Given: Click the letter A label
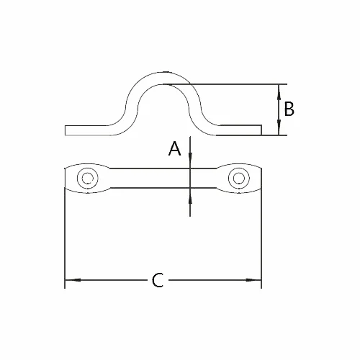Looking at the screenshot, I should click(x=174, y=149).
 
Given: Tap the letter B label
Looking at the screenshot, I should click(x=289, y=109).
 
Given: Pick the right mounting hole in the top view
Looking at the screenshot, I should click(x=238, y=177).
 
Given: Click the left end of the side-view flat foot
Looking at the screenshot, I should click(x=67, y=130).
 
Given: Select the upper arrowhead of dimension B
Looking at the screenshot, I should click(x=279, y=88).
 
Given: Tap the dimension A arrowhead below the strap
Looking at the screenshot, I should click(x=189, y=192).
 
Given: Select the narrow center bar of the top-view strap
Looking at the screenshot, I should click(x=162, y=177).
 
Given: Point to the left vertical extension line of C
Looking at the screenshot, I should click(x=66, y=238).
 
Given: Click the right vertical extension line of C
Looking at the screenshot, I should click(x=261, y=238).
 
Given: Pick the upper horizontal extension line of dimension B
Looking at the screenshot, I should click(x=238, y=83).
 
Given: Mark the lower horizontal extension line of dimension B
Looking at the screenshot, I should click(x=274, y=135).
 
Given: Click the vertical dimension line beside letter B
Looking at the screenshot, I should click(x=279, y=109).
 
